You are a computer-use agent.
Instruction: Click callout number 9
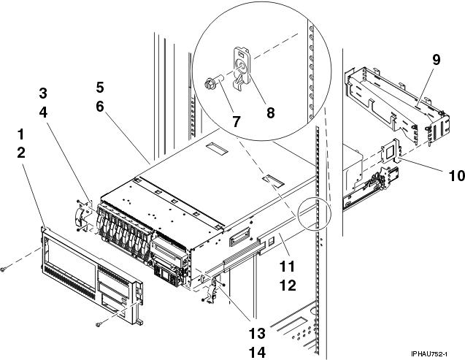(437, 60)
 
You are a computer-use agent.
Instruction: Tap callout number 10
(456, 175)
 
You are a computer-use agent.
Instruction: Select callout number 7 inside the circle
(236, 121)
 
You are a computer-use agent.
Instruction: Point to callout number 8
(270, 112)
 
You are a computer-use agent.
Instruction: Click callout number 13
(257, 333)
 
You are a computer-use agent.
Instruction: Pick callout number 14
(257, 353)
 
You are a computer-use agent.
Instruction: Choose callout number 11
(287, 267)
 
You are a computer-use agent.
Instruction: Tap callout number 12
(288, 286)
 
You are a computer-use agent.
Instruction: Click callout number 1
(20, 134)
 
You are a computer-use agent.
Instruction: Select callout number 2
(21, 153)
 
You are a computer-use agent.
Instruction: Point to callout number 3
(43, 93)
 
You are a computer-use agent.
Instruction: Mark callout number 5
(99, 88)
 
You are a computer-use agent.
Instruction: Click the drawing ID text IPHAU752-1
(429, 354)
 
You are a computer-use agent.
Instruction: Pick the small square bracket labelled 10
(391, 150)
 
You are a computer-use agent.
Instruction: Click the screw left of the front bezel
(3, 269)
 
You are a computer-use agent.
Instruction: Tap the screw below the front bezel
(99, 325)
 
